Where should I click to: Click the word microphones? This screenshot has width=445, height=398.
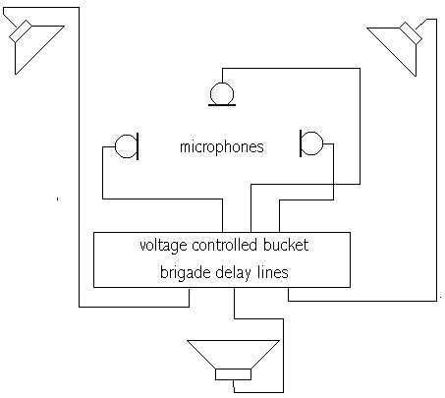pos(222,147)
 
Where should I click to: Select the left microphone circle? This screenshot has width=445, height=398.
pos(115,146)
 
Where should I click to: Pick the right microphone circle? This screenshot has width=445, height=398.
pos(322,143)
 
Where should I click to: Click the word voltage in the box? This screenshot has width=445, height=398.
pos(163,246)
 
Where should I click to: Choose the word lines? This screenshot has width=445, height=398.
pos(272,272)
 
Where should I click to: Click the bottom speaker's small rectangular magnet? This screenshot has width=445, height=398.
pos(233,374)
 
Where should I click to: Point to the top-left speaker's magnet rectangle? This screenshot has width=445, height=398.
pos(21,31)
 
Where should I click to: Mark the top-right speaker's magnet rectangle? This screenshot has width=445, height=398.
pos(411,33)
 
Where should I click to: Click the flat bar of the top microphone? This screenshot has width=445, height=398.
pos(222,105)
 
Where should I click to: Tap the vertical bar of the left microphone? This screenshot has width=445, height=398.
pos(138,146)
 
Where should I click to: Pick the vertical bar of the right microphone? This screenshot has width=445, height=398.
pos(301,143)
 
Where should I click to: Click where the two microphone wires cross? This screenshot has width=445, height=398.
pos(333,184)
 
